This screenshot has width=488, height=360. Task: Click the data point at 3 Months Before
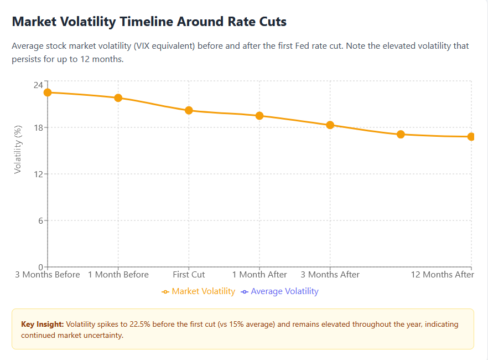click(48, 92)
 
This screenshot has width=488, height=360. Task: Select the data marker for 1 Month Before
click(118, 98)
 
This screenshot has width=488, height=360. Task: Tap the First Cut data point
click(189, 110)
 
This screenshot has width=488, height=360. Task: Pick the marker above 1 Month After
click(259, 116)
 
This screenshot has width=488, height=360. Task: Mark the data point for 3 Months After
click(330, 125)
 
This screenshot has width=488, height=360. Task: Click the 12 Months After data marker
click(471, 137)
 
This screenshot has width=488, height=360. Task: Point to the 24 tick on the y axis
click(38, 85)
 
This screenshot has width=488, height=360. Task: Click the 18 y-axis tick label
click(38, 127)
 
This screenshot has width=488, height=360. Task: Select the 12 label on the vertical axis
click(38, 174)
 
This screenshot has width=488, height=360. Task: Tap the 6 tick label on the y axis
click(40, 220)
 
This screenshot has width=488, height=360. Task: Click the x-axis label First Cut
click(189, 275)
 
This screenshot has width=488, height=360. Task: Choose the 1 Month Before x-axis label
click(118, 275)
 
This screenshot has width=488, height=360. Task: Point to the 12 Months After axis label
click(442, 275)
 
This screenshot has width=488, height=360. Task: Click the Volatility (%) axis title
click(18, 150)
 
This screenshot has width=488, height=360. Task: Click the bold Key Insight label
click(42, 324)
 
